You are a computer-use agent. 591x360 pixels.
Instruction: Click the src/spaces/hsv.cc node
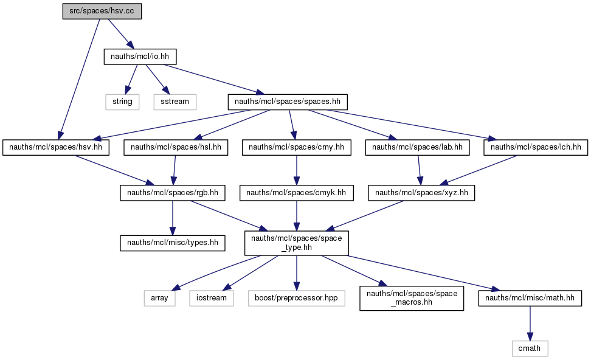102,11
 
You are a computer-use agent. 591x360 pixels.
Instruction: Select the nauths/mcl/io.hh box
140,57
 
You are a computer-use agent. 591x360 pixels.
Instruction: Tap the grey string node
122,102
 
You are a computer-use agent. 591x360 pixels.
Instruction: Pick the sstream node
175,102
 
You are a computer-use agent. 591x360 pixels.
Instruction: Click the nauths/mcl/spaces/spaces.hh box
288,102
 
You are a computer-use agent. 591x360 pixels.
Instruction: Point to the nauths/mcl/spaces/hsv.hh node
56,147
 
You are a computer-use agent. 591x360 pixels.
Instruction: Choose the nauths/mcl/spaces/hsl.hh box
176,147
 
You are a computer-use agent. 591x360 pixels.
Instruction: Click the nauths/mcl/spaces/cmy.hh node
297,147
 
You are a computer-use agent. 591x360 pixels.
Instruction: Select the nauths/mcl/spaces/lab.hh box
417,147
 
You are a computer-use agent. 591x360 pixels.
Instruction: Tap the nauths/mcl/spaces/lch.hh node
536,147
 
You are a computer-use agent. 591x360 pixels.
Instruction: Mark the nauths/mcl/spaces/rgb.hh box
173,193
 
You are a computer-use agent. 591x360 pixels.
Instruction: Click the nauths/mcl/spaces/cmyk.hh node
297,193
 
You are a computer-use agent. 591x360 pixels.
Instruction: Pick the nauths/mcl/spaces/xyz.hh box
421,193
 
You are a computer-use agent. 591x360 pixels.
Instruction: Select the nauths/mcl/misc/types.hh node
173,243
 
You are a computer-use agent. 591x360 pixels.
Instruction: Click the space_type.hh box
297,243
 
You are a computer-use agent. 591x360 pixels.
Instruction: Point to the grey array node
159,298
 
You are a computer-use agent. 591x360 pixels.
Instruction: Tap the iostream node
212,298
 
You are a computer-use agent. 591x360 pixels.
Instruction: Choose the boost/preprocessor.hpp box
297,298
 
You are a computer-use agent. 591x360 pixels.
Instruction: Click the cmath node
530,348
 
